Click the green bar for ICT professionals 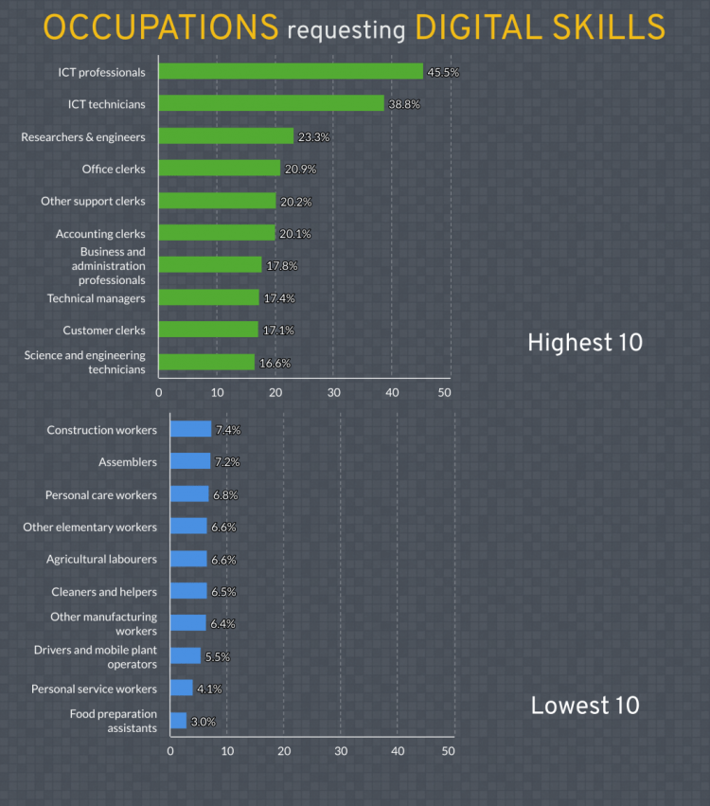point(291,71)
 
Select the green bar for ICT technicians point(271,103)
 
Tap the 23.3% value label point(314,137)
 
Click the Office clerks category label point(114,169)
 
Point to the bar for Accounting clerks point(217,233)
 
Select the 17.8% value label point(282,266)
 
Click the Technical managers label point(97,298)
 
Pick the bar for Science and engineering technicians point(206,362)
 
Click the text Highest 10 point(584,343)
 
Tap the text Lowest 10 point(584,706)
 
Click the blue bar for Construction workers point(190,429)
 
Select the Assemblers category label point(128,462)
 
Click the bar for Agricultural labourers point(188,559)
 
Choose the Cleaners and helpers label point(104,592)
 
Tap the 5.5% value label point(217,656)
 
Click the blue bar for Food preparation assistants point(178,721)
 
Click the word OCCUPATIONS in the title point(161,28)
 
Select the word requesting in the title point(346,31)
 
